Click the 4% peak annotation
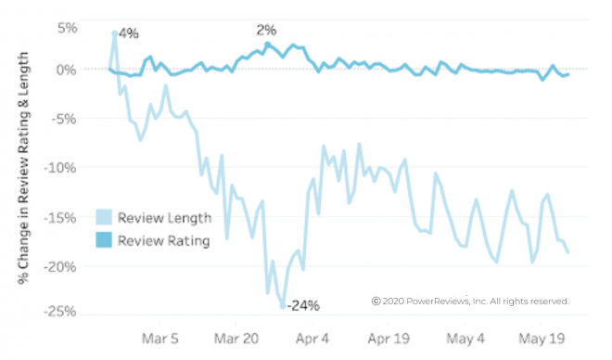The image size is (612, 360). [x=129, y=34]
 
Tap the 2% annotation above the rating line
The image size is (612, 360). [x=266, y=31]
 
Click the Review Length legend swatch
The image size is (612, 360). [x=104, y=219]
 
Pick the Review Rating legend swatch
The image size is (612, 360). [x=104, y=240]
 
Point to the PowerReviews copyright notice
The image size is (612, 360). [x=470, y=302]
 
